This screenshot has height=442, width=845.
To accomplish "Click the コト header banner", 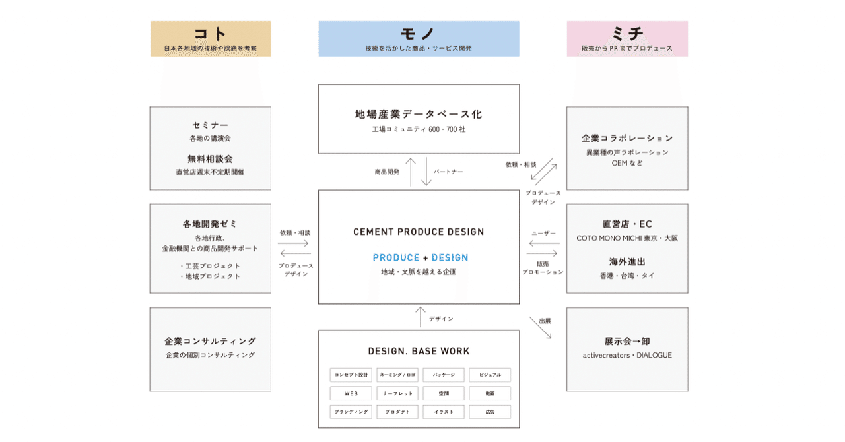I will (x=211, y=38).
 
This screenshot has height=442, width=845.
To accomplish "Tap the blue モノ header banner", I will (x=419, y=38).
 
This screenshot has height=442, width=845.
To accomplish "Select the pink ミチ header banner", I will (x=627, y=38).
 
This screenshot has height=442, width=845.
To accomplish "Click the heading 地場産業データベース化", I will (x=419, y=114).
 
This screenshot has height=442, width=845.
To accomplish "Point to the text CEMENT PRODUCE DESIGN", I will (x=419, y=232).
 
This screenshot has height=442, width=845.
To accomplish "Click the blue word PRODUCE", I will (x=396, y=258).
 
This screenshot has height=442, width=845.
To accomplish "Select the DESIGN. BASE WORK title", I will (x=419, y=351).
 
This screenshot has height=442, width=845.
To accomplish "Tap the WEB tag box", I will (x=351, y=393).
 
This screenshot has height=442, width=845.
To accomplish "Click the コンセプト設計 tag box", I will (x=351, y=375).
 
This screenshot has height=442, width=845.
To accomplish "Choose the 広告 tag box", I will (x=490, y=412).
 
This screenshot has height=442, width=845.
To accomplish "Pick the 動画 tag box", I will (x=490, y=393).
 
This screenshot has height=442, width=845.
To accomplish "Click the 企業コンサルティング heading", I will (x=210, y=341).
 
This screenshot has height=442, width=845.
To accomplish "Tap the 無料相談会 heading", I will (x=210, y=159).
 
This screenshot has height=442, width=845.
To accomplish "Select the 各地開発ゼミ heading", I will (x=210, y=224).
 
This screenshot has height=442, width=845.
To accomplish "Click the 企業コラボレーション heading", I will (x=627, y=138).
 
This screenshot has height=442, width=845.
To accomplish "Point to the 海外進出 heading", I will (x=627, y=261).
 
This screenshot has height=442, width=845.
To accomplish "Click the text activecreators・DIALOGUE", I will (x=627, y=355).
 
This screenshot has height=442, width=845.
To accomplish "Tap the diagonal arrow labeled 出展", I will (x=540, y=329).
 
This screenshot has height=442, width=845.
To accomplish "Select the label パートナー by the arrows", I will (x=448, y=172).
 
